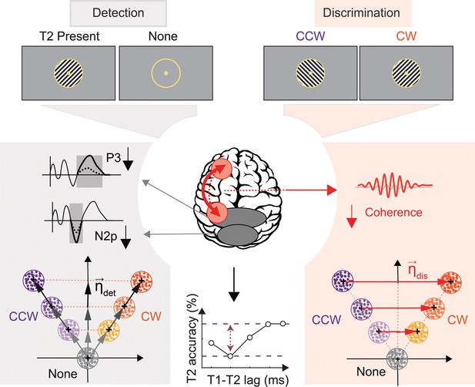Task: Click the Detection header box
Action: pyautogui.click(x=118, y=13)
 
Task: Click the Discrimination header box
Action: pyautogui.click(x=363, y=13)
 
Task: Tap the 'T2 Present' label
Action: pyautogui.click(x=70, y=36)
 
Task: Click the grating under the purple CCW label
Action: pyautogui.click(x=310, y=73)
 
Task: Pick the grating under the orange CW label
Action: pyautogui.click(x=406, y=73)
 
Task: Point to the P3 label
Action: pyautogui.click(x=113, y=158)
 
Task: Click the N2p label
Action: pyautogui.click(x=105, y=236)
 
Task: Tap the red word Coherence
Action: pyautogui.click(x=393, y=212)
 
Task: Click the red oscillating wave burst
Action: pyautogui.click(x=394, y=185)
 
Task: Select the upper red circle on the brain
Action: pyautogui.click(x=222, y=168)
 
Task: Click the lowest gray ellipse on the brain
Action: pyautogui.click(x=237, y=234)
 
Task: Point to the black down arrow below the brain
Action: pyautogui.click(x=233, y=284)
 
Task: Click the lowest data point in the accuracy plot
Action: pyautogui.click(x=230, y=356)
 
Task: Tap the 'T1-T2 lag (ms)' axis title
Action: pyautogui.click(x=248, y=380)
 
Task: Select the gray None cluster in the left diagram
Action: pyautogui.click(x=88, y=358)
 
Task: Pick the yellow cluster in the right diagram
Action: pyautogui.click(x=417, y=331)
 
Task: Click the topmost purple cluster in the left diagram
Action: pyautogui.click(x=34, y=280)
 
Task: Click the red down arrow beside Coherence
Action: pyautogui.click(x=351, y=217)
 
